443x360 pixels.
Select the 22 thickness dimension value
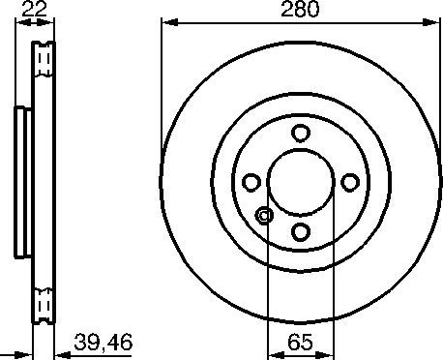point(34,11)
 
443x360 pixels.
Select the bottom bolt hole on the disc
point(300,230)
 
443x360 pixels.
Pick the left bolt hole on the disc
point(251,181)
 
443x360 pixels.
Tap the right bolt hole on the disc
point(349,181)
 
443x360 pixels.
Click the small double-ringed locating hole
point(264,217)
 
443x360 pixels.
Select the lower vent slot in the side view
point(44,305)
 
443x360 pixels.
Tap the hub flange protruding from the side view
point(22,181)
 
